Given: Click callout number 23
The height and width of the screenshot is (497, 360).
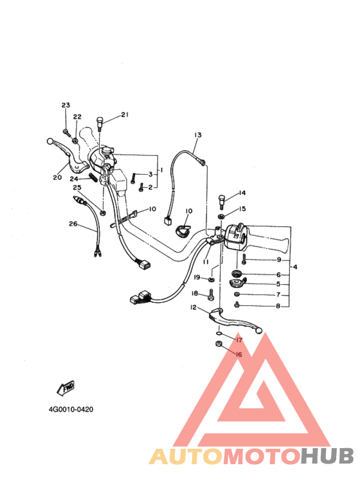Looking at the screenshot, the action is (66, 105).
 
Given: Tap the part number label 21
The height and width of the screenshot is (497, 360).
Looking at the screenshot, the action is (125, 114).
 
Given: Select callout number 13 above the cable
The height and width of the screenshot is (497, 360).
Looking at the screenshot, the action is (198, 135).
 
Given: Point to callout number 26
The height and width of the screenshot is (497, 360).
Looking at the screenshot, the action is (73, 224).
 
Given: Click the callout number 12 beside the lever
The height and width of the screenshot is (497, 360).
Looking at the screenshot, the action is (194, 307).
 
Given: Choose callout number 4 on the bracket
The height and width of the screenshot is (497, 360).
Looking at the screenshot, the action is (295, 267).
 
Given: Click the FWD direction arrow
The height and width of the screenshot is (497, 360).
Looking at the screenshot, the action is (66, 388).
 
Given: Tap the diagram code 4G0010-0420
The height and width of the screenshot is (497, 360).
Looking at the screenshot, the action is (71, 410).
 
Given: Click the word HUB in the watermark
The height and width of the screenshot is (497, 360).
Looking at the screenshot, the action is (327, 456).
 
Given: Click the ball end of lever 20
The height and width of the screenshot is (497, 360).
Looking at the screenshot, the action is (50, 141).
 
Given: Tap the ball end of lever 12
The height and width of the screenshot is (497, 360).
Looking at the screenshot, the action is (259, 331).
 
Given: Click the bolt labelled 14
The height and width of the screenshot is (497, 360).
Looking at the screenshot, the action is (222, 202).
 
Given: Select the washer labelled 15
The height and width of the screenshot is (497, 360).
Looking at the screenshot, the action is (221, 217).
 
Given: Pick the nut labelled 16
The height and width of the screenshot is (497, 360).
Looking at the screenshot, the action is (218, 343).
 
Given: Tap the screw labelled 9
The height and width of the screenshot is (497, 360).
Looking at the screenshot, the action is (244, 260).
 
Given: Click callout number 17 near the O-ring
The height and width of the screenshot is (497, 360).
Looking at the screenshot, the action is (239, 339).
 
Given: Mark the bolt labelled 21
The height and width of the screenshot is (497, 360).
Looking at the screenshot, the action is (99, 124).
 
